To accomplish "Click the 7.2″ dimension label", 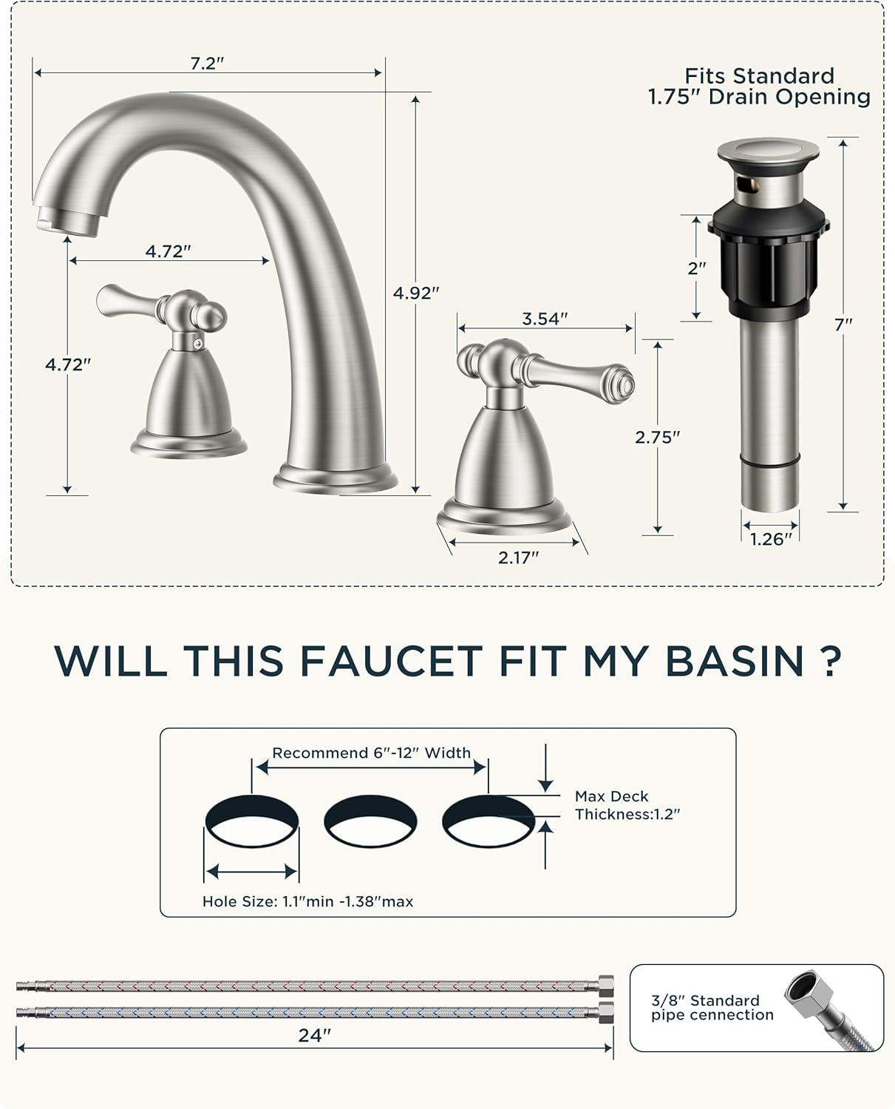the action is pyautogui.click(x=207, y=64).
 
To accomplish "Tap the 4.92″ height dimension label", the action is pyautogui.click(x=416, y=294).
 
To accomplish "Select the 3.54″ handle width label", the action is pyautogui.click(x=545, y=319).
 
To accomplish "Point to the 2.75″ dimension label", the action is pyautogui.click(x=657, y=438).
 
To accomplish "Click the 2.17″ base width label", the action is pyautogui.click(x=518, y=557).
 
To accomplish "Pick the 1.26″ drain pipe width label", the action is pyautogui.click(x=771, y=540).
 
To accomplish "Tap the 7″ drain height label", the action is pyautogui.click(x=843, y=325).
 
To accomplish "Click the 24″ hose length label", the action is pyautogui.click(x=314, y=1036).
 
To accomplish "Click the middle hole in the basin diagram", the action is pyautogui.click(x=370, y=821).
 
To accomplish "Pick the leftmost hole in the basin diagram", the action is pyautogui.click(x=252, y=821).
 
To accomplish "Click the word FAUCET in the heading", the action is pyautogui.click(x=391, y=661).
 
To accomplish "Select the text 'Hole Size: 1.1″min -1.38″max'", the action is pyautogui.click(x=307, y=901).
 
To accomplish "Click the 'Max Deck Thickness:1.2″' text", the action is pyautogui.click(x=627, y=805).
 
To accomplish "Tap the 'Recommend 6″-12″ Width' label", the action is pyautogui.click(x=371, y=753).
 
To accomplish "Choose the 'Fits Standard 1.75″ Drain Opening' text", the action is pyautogui.click(x=759, y=87).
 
